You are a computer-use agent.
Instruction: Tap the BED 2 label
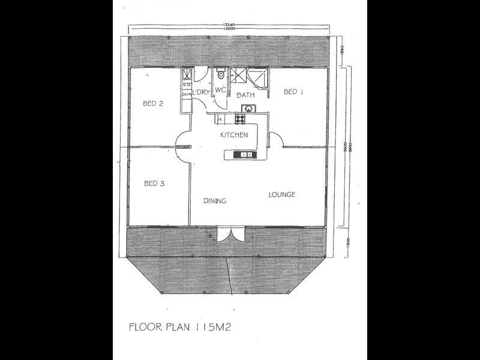[153, 103]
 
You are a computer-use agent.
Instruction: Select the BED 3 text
[154, 184]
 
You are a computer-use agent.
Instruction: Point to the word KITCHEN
[233, 135]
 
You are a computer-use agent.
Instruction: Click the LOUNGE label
[281, 194]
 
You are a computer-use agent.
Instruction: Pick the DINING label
[214, 201]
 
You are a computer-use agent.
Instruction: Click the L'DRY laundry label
[200, 92]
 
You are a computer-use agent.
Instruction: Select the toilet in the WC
[220, 75]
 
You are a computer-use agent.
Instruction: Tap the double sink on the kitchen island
[245, 155]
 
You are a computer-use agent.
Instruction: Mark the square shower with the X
[238, 75]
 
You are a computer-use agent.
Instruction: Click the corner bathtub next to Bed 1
[260, 76]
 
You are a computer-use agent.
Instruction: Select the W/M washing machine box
[187, 85]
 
